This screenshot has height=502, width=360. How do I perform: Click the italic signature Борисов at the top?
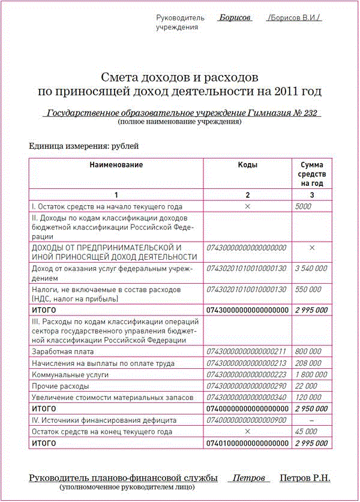coord(235,18)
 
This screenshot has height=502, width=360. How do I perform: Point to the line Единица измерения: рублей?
coord(83,145)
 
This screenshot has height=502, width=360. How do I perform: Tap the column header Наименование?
coord(116,164)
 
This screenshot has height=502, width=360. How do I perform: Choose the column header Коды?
coord(247,164)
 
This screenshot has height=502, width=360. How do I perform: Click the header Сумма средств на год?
coord(311,174)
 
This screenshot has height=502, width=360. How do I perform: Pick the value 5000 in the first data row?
coord(304,206)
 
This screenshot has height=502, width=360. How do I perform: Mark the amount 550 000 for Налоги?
coord(308,289)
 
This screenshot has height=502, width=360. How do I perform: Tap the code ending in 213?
coord(247,363)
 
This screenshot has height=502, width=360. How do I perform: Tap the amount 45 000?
coord(307,431)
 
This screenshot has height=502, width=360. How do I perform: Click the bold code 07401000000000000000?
coord(247,443)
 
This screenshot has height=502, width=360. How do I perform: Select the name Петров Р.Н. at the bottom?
coord(305,478)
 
